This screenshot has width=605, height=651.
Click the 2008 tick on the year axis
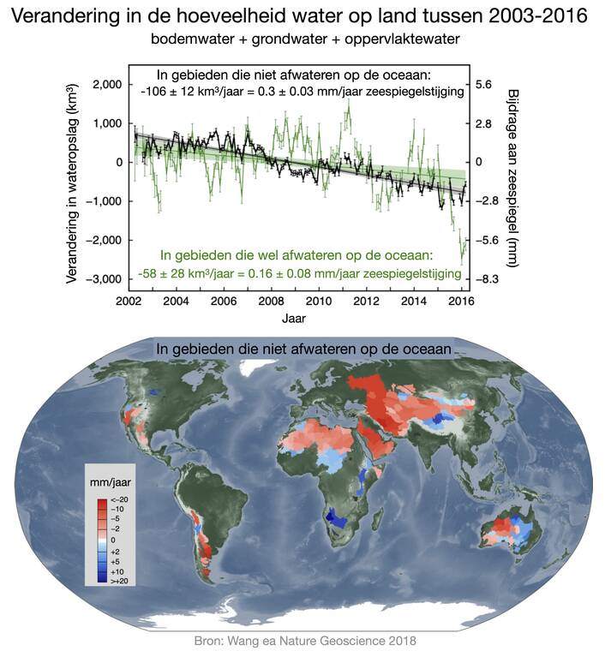272,302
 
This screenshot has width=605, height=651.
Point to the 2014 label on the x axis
414,302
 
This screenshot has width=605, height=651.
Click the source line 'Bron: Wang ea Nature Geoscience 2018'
302,640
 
